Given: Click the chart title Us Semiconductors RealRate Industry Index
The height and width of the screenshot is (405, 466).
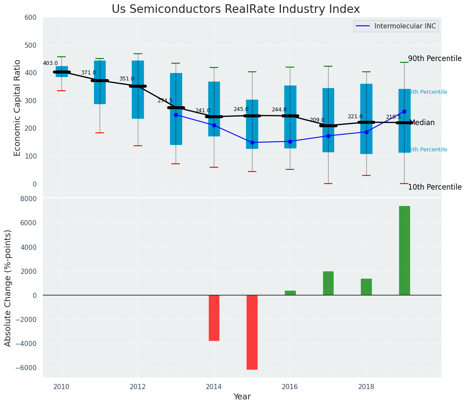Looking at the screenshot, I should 236,9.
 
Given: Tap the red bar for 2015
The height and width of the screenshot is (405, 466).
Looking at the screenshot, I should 252,332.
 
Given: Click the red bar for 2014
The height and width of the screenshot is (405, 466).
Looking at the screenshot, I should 214,318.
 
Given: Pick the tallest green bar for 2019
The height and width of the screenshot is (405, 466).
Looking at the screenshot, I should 404,250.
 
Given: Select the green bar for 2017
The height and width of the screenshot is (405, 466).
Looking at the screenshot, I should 328,283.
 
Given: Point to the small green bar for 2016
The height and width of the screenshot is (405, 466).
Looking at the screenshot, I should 290,293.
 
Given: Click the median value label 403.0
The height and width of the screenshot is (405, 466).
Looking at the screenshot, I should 50,63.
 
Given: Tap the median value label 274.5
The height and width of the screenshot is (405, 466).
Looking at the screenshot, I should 165,101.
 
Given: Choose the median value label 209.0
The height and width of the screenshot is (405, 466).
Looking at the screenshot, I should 317,120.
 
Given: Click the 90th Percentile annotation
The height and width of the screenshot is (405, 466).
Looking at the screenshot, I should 435,59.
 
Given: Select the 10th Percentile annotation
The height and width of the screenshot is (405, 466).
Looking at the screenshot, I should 435,187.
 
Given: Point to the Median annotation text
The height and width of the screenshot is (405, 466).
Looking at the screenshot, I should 422,123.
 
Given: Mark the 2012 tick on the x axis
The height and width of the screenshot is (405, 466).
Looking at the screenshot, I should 137,387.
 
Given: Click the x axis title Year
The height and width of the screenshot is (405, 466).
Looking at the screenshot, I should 242,397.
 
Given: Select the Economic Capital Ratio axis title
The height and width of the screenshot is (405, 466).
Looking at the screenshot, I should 18,107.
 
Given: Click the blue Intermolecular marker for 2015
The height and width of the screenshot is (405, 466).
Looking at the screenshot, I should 252,142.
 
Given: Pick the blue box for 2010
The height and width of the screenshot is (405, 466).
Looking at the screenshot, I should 61,71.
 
